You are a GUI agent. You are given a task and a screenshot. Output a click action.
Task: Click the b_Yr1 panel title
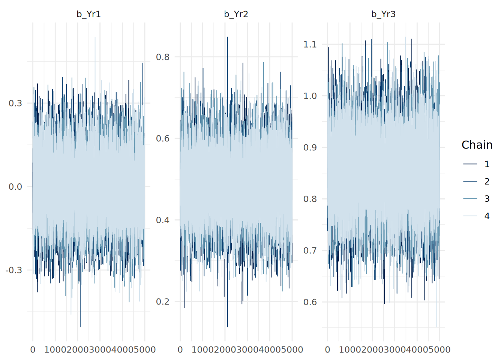coord(88,14)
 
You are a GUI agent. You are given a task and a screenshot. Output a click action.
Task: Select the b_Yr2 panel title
coord(236,14)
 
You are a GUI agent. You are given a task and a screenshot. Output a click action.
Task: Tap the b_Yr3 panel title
coord(383,14)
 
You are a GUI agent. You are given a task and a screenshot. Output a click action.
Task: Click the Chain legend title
coord(477,145)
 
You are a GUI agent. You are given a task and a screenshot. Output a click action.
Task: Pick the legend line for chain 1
coord(470,164)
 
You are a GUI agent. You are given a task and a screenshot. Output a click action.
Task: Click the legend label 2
coord(487,181)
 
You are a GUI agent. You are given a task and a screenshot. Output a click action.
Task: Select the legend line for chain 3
coord(470,198)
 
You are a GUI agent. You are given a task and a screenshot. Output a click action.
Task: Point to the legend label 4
coord(487,216)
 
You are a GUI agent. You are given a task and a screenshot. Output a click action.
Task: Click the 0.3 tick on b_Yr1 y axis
coord(15,103)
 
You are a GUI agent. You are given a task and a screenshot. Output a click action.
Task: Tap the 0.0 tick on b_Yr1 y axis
coord(15,187)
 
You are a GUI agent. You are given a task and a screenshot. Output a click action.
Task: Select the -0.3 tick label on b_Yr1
coord(14,270)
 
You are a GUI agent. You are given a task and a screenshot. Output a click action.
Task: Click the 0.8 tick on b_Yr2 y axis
coord(163,57)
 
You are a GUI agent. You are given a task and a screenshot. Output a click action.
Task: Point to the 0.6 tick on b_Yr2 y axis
coord(163,138)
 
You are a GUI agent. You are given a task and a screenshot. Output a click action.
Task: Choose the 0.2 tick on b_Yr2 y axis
coord(163,301)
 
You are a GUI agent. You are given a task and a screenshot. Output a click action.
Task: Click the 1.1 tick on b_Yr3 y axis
coord(310,44)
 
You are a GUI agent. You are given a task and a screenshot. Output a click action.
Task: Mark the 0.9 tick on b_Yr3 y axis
coord(310,147)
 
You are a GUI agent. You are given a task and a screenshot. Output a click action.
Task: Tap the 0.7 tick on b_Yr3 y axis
coord(310,250)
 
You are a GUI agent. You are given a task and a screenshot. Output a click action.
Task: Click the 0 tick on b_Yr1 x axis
coord(33,350)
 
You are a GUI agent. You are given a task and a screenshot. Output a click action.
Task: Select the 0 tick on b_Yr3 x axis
coord(327,350)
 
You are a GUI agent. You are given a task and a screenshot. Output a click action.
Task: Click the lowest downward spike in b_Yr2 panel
coord(227,325)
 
